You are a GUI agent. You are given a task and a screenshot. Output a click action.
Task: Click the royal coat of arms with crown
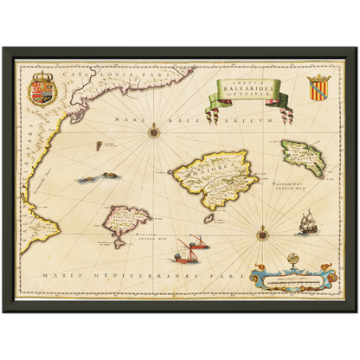pyautogui.click(x=42, y=90)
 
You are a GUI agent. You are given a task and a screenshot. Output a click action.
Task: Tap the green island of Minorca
pyautogui.click(x=302, y=159)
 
